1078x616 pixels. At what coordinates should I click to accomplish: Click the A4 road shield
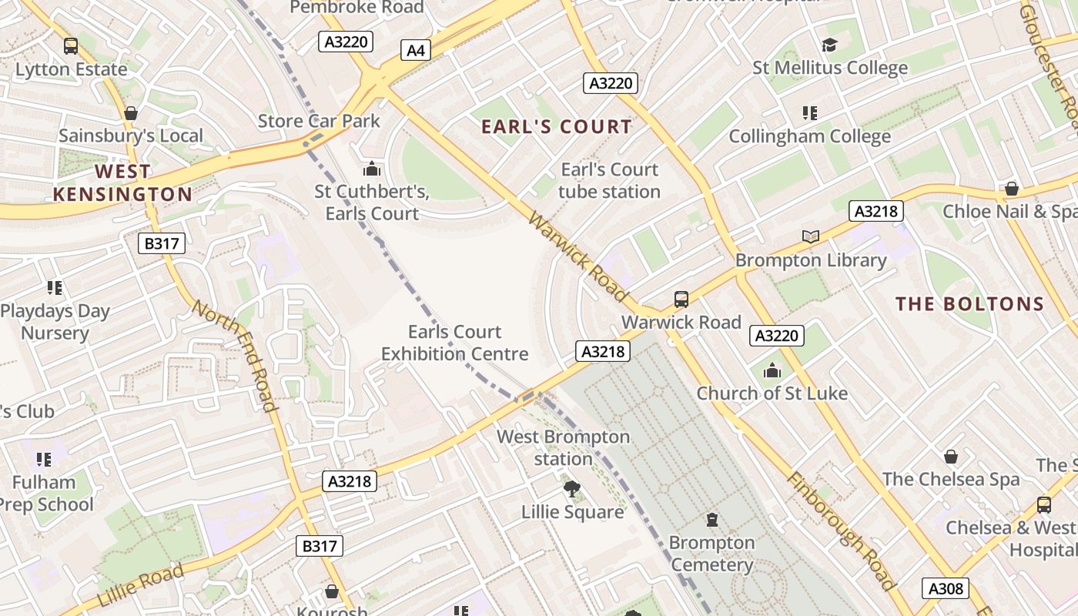(415, 51)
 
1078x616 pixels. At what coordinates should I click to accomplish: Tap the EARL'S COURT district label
(557, 127)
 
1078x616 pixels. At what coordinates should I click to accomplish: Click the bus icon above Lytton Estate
(71, 46)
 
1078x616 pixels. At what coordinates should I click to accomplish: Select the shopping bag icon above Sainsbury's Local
(131, 113)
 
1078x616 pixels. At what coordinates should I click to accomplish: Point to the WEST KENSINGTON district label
(122, 182)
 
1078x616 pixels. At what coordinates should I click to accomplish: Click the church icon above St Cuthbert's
(372, 168)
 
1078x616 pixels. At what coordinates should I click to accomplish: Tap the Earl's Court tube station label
(609, 180)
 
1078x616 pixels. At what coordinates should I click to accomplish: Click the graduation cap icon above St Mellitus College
(829, 45)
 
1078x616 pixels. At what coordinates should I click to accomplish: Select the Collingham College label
(809, 136)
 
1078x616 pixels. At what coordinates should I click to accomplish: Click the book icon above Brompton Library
(810, 236)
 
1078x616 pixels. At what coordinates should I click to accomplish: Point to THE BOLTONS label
(969, 303)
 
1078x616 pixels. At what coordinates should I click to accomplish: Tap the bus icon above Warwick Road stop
(681, 299)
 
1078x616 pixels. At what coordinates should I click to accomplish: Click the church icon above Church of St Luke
(772, 371)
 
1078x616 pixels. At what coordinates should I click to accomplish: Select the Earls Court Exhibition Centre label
(454, 343)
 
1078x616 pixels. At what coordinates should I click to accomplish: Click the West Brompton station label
(563, 447)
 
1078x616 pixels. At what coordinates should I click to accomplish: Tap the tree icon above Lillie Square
(571, 488)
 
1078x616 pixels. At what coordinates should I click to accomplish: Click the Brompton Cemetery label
(711, 554)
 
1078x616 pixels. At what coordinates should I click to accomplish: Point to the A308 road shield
(946, 588)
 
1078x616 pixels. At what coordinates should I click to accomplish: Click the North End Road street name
(234, 356)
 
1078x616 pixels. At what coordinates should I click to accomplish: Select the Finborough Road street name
(842, 531)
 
